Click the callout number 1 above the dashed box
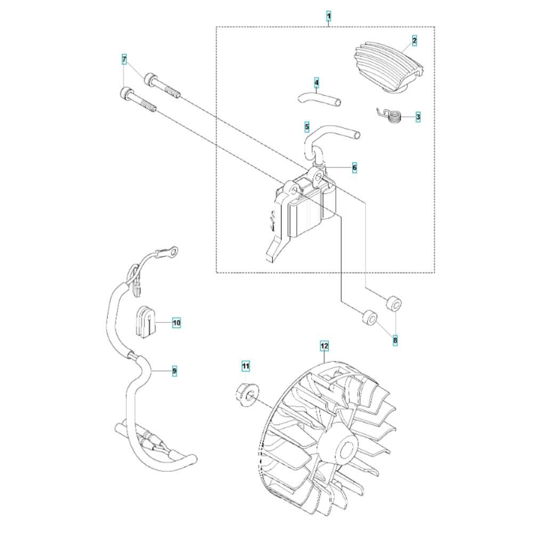tap(328, 15)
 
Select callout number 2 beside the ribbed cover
tap(414, 41)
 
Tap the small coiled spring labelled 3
tap(391, 117)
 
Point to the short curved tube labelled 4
tap(320, 99)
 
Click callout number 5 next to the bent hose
tap(307, 127)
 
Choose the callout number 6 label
tap(354, 167)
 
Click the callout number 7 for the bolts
tap(124, 60)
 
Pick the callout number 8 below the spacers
tap(395, 340)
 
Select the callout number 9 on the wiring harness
tap(174, 370)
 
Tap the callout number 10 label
tap(176, 322)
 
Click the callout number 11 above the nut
tap(245, 366)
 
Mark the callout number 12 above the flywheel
tap(325, 346)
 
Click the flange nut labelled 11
tap(247, 395)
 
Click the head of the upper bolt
tap(150, 79)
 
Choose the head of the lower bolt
tap(126, 93)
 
